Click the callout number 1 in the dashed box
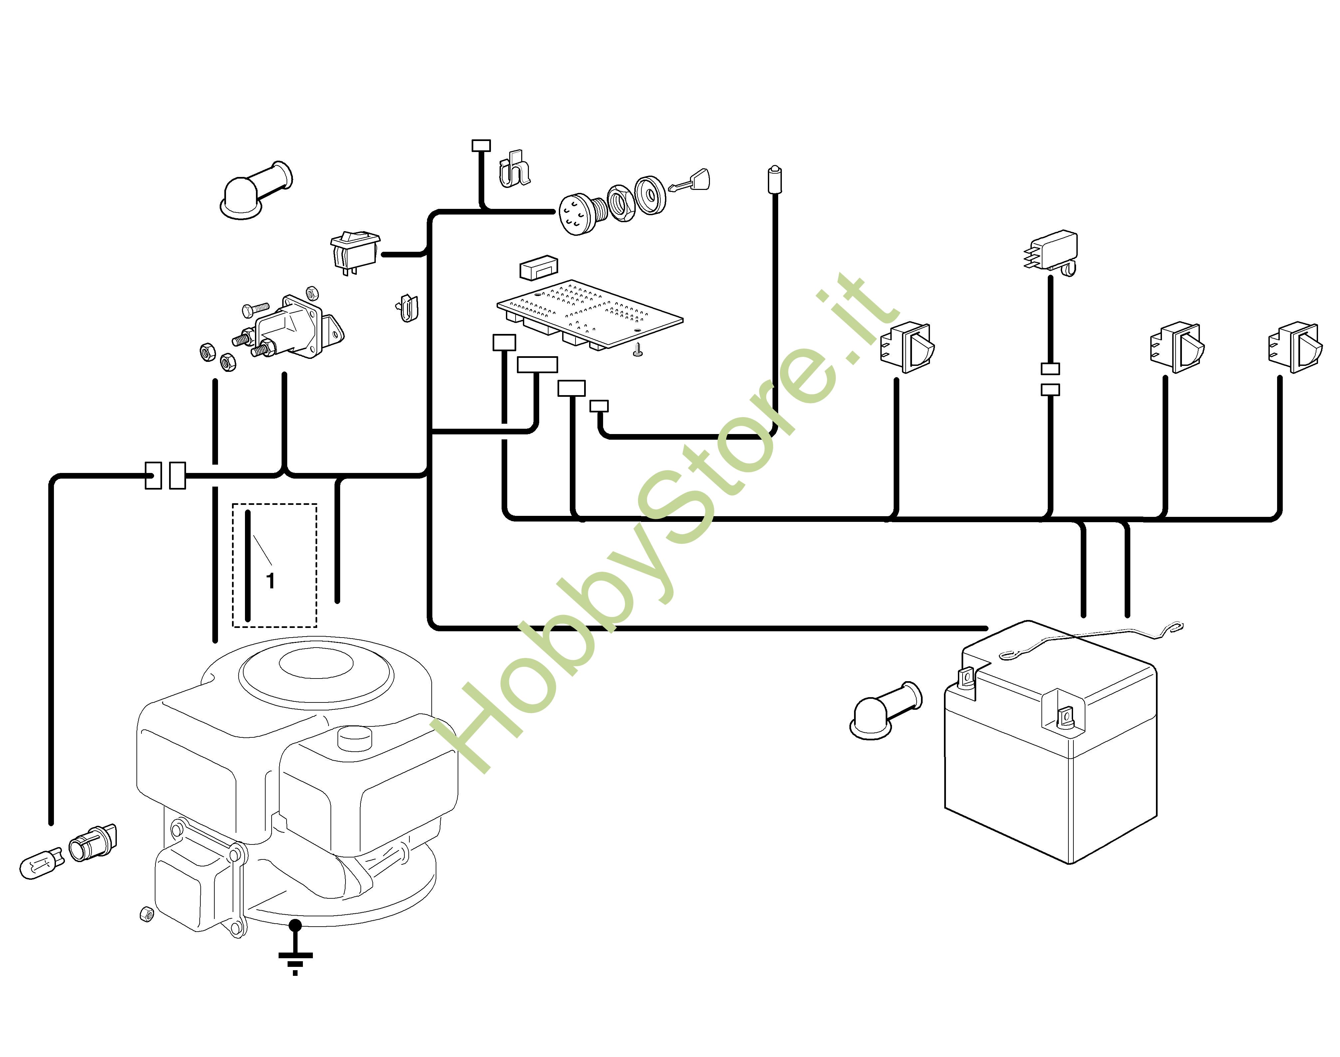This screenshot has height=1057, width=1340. coord(270,580)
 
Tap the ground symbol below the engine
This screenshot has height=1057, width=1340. coord(295,956)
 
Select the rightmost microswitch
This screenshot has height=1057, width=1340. coord(1295,347)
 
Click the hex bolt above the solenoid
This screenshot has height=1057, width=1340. coord(255,308)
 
